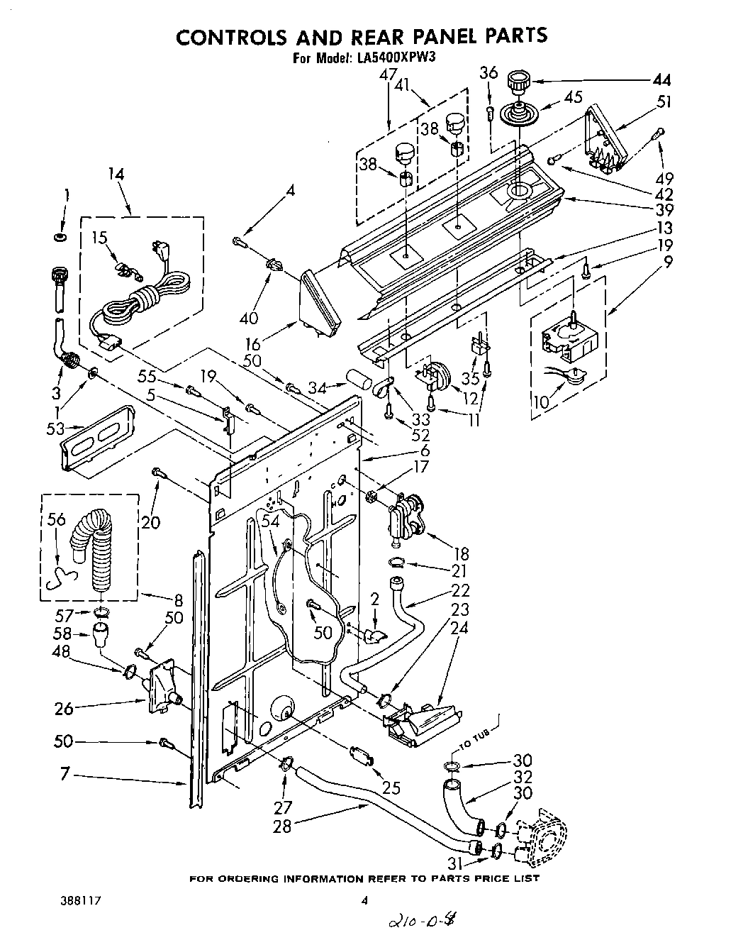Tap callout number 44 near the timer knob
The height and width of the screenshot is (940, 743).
point(661,79)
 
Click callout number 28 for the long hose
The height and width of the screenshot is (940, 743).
point(282,826)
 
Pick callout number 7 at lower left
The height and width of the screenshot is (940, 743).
point(64,776)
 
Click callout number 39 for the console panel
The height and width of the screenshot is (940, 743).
point(664,210)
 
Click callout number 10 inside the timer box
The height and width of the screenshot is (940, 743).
point(540,402)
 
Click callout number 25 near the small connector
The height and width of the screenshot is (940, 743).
point(391,787)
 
